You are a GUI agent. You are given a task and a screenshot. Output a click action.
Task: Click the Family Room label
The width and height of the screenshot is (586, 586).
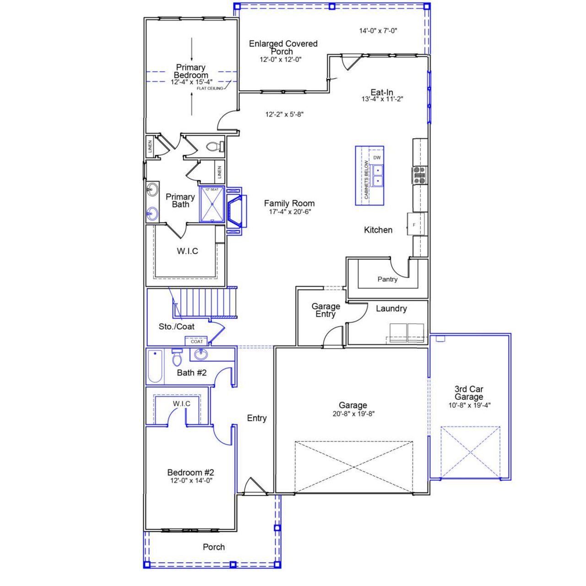289,203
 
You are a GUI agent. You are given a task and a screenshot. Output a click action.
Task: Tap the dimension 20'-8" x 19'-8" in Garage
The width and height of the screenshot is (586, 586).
353,413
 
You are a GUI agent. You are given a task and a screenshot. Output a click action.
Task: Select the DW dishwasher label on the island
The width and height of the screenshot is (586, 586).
377,158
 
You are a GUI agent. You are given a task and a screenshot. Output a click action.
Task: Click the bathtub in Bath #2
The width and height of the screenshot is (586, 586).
155,366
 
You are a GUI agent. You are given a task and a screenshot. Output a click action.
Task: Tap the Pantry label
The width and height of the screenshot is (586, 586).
387,279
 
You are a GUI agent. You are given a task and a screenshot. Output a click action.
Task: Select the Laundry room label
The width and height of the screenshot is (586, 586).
391,309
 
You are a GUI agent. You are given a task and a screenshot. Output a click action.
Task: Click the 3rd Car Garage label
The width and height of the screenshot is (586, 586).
469,393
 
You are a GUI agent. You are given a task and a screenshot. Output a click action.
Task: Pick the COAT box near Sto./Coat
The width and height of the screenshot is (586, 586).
196,341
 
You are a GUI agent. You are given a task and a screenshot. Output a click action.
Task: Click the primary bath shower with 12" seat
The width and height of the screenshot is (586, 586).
212,205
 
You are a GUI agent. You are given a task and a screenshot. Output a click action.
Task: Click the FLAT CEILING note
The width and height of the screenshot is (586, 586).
210,88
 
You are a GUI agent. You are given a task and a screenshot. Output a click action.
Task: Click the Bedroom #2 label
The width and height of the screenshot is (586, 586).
190,472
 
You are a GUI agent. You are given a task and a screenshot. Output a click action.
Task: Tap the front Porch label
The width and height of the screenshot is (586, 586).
214,547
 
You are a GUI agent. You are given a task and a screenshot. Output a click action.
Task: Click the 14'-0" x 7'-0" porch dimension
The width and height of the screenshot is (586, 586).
378,31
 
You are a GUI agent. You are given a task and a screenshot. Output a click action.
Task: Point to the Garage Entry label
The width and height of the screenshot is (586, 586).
326,310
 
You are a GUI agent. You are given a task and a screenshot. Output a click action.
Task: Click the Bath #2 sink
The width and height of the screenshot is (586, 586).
200,354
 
